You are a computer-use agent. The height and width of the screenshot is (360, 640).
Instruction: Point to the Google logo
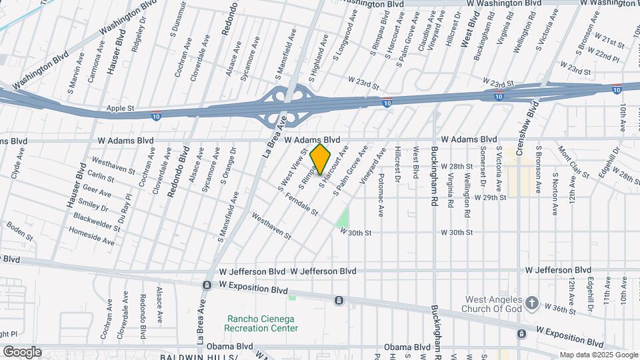coord(22,351)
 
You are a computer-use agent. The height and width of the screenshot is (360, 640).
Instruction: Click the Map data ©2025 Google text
coord(598,355)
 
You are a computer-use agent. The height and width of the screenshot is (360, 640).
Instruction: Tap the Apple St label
coord(121,107)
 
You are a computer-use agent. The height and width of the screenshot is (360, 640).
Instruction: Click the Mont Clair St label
coord(573,163)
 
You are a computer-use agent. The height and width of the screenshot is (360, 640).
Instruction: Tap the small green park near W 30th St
coord(343,217)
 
